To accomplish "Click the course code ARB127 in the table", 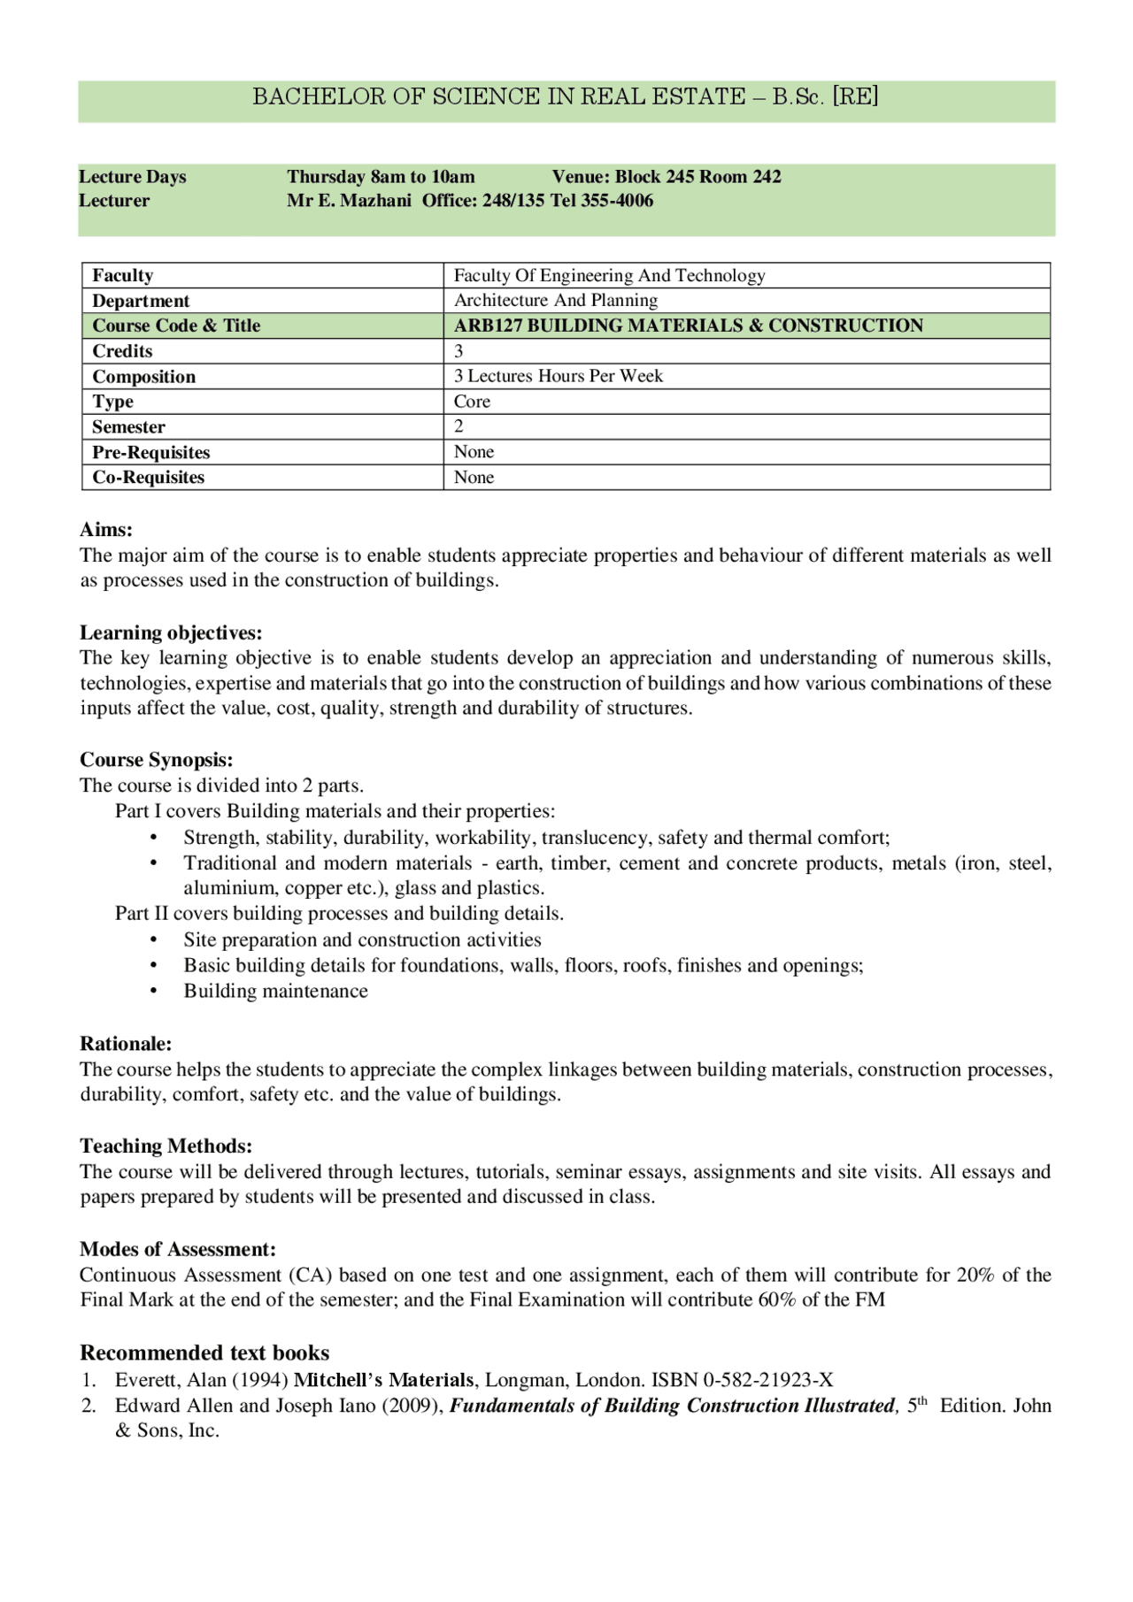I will click(488, 326).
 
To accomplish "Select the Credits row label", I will click(122, 351).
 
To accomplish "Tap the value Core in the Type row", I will click(472, 402).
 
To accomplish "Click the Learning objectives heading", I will click(171, 632).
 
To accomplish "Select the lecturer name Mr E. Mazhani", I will click(349, 201).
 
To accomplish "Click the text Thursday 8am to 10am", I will click(381, 177).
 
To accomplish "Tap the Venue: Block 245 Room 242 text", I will click(667, 177).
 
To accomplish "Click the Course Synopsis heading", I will click(157, 760).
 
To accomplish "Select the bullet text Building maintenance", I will click(275, 991).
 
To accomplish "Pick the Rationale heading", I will click(126, 1044).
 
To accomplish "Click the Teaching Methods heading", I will click(166, 1146).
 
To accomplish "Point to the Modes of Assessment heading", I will click(178, 1249).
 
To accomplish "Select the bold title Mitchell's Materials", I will click(384, 1380).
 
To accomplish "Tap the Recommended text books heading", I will click(204, 1353).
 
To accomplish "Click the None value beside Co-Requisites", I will click(474, 478).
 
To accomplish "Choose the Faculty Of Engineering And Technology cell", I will click(609, 275).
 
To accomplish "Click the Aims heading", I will click(106, 530).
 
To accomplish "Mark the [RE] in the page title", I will click(855, 96).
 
